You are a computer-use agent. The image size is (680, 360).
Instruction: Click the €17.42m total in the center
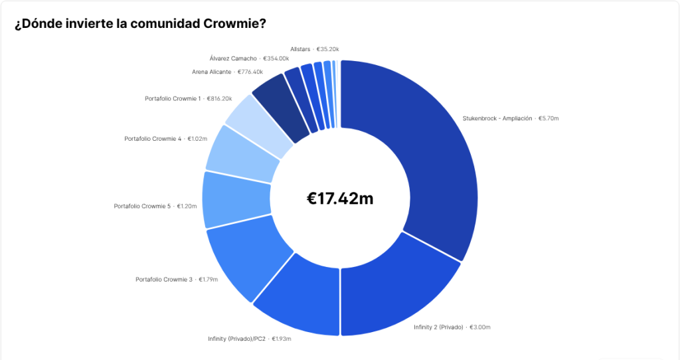pyautogui.click(x=339, y=197)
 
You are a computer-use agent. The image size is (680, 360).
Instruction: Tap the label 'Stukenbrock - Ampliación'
pyautogui.click(x=497, y=119)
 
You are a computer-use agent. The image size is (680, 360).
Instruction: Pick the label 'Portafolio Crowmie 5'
pyautogui.click(x=143, y=207)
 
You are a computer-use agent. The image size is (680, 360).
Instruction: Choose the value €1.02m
pyautogui.click(x=197, y=139)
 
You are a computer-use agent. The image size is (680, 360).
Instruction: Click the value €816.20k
pyautogui.click(x=219, y=99)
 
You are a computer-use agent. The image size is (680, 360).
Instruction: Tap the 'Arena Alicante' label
pyautogui.click(x=211, y=72)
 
